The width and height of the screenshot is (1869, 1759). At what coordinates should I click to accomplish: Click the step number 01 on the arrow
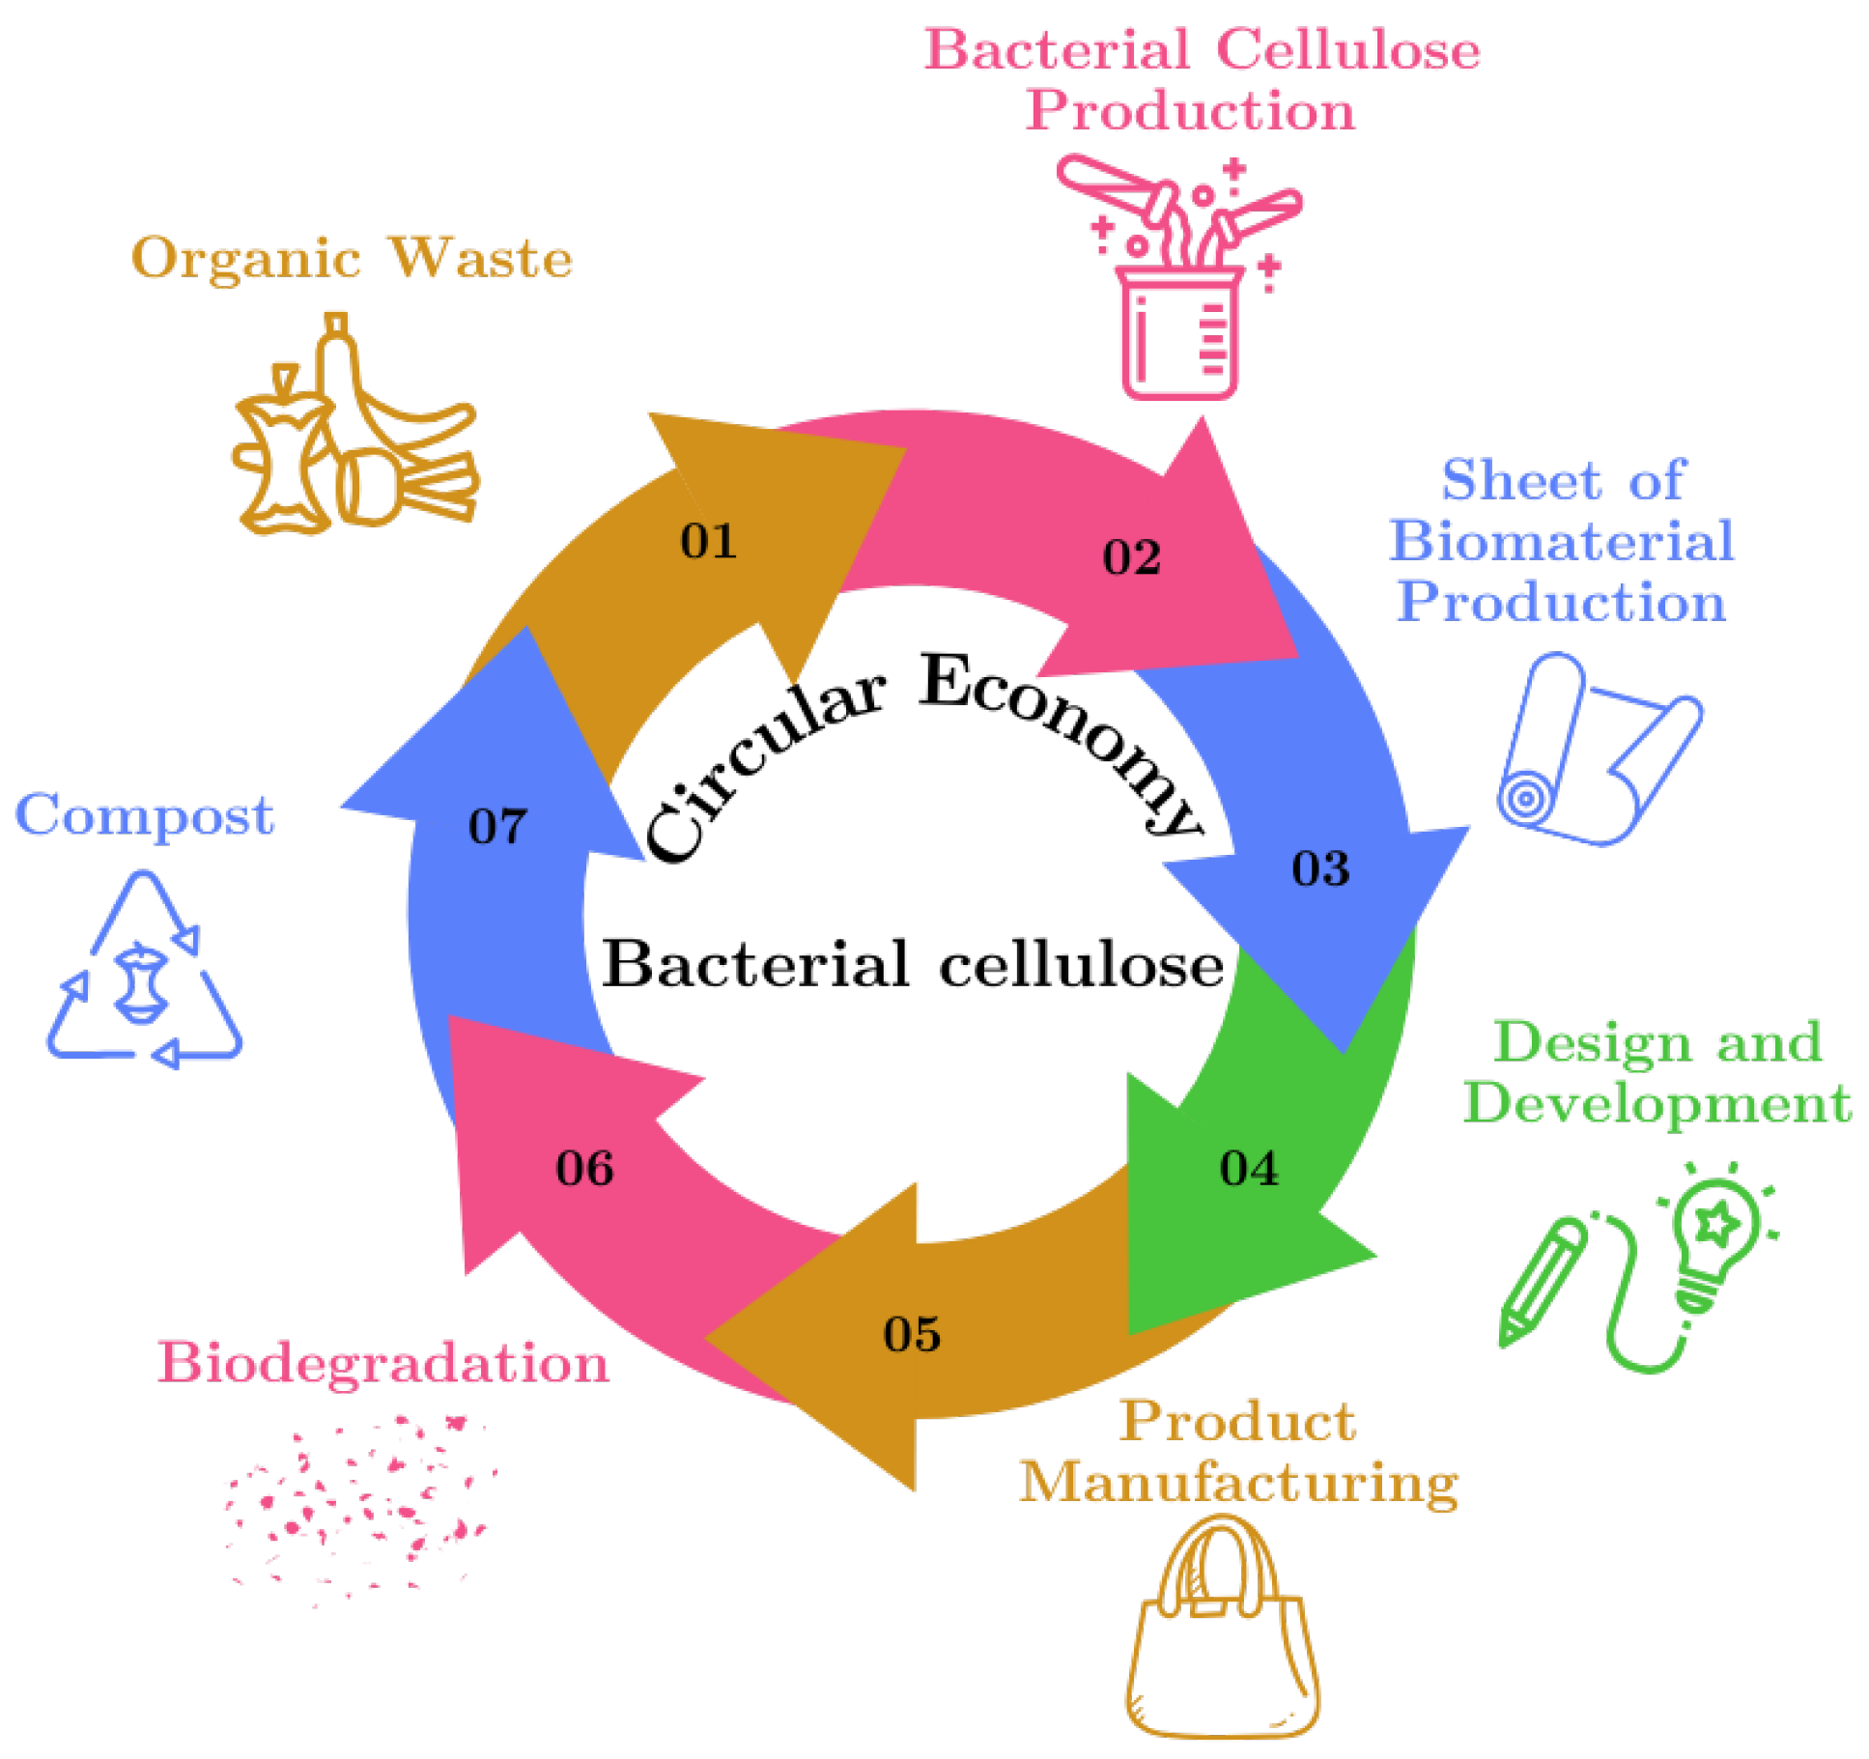708,541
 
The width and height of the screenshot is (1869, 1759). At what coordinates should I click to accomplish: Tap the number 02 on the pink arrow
1131,557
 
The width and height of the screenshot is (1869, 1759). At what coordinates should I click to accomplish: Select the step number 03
1320,868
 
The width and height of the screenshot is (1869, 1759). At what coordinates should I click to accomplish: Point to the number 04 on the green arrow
1249,1168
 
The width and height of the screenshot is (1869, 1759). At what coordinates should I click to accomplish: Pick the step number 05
912,1334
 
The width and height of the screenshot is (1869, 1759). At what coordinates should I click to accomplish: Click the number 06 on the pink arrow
584,1168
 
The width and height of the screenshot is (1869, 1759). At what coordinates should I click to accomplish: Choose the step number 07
497,826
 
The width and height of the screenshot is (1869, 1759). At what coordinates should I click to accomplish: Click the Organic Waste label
352,258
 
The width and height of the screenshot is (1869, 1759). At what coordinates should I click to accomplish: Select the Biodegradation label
382,1363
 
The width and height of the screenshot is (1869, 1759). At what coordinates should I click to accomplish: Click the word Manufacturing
1238,1482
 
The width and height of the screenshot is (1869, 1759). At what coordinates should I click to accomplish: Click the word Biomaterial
1561,540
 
